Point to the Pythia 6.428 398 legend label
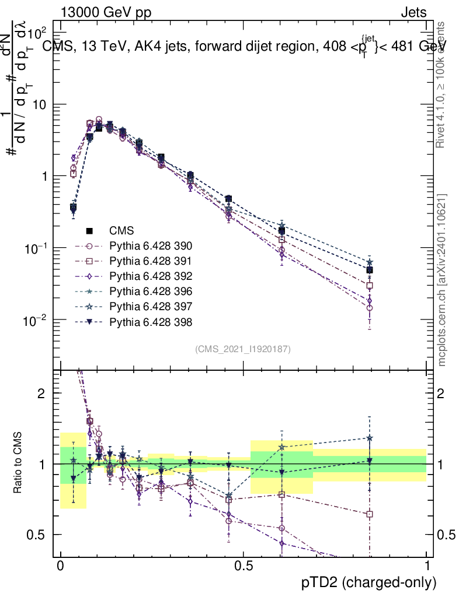click(x=151, y=322)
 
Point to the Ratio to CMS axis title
click(x=19, y=463)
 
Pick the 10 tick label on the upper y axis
click(x=40, y=104)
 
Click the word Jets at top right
click(x=413, y=12)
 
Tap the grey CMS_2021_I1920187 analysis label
click(x=243, y=349)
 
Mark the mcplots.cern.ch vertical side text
click(x=442, y=280)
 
